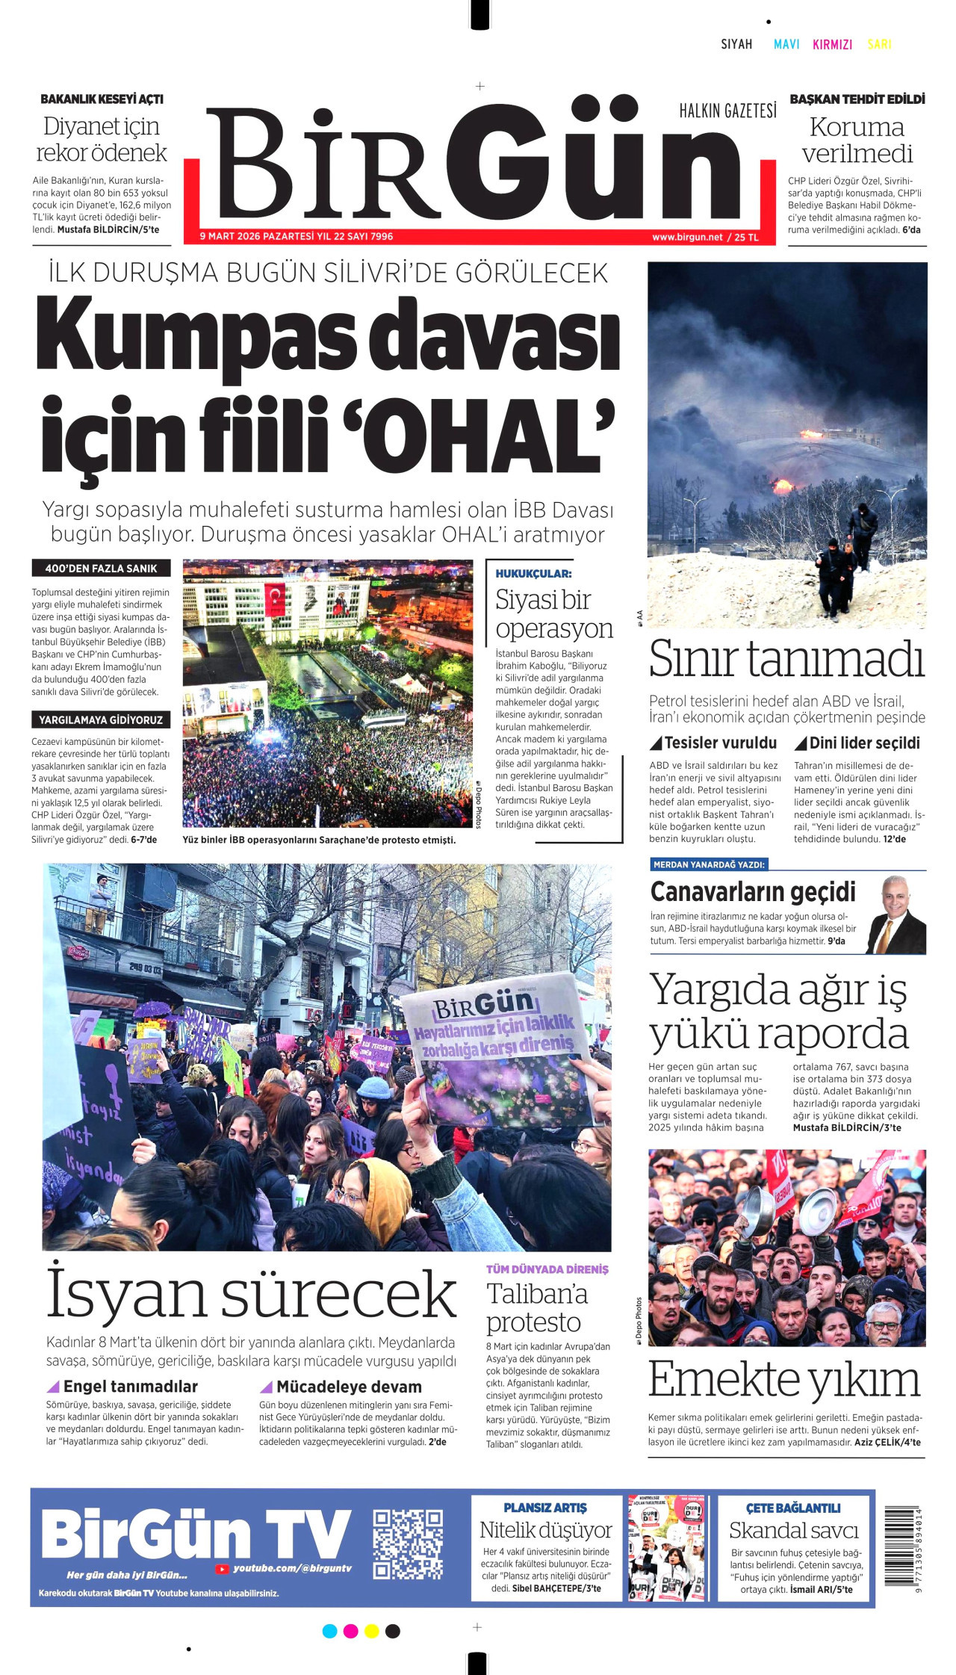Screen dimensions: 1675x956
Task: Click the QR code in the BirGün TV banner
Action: coord(407,1544)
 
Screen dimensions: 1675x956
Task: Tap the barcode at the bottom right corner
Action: coord(902,1545)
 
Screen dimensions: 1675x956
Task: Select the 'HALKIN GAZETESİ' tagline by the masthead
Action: coord(727,111)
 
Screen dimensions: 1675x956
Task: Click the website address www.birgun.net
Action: coord(687,237)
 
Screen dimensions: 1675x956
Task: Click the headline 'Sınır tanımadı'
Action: coord(786,660)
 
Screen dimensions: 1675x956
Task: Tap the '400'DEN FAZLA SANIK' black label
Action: coord(101,569)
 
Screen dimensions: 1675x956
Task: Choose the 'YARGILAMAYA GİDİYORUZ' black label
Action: coord(101,720)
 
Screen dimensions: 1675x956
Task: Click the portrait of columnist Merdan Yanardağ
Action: coord(896,915)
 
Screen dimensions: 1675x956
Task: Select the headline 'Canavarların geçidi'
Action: coord(753,892)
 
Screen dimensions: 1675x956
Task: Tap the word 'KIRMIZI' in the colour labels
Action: coord(832,44)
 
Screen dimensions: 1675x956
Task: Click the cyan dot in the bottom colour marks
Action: coord(329,1631)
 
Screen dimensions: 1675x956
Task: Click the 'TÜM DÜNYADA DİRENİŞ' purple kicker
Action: coord(547,1269)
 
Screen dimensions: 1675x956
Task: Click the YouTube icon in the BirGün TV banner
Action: coord(222,1568)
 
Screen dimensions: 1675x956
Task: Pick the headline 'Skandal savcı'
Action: coord(794,1531)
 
